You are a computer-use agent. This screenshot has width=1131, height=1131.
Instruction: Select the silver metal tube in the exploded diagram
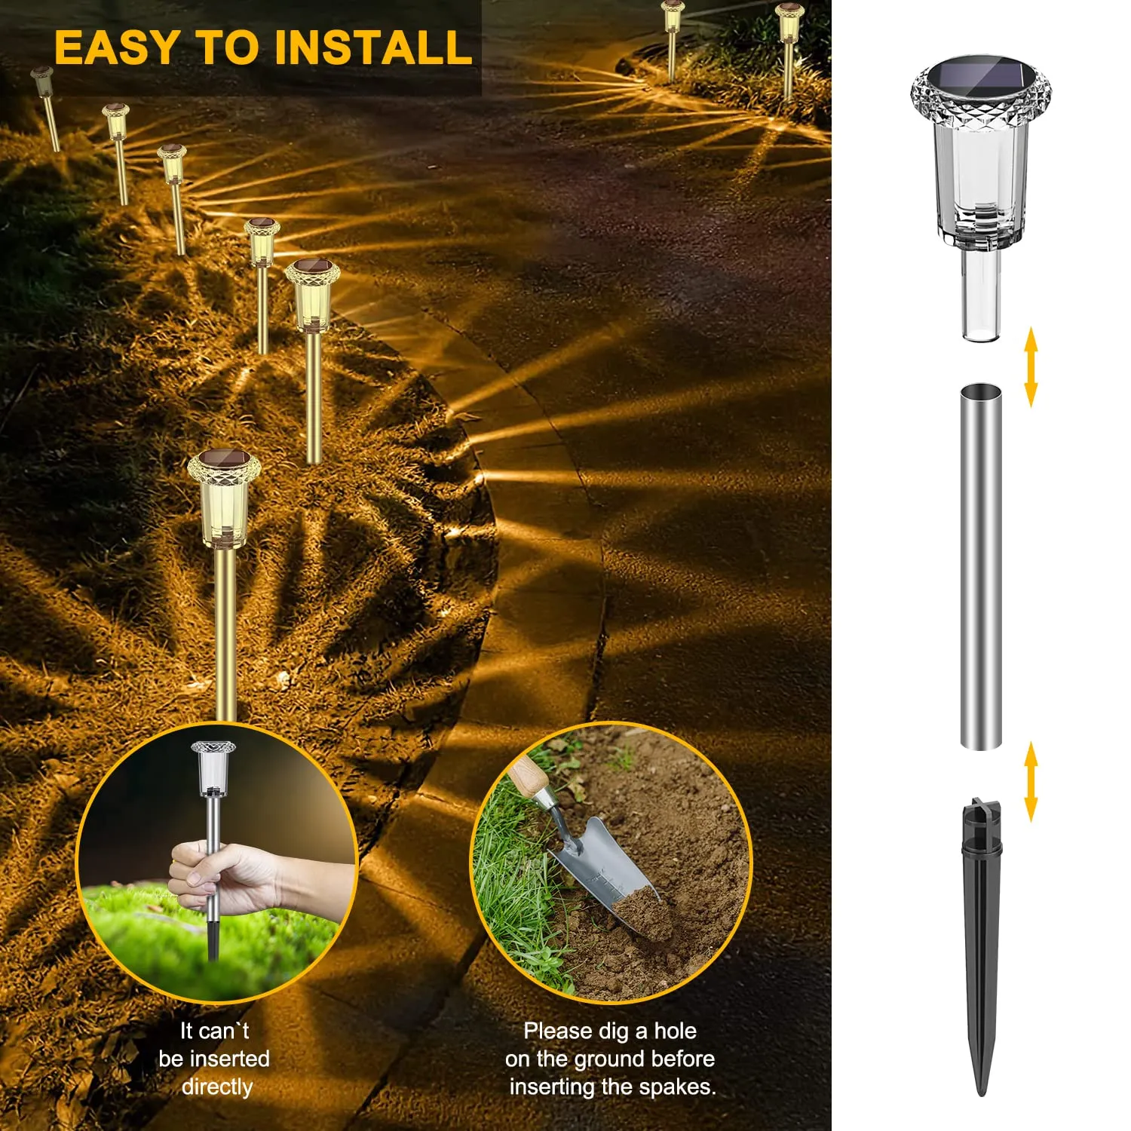tap(981, 566)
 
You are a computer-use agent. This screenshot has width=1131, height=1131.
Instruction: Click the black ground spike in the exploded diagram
tap(982, 946)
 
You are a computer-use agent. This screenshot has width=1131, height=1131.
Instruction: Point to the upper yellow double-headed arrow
tap(1031, 368)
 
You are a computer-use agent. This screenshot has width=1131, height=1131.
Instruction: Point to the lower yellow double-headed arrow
tap(1031, 781)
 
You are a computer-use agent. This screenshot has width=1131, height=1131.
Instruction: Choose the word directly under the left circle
tap(217, 1087)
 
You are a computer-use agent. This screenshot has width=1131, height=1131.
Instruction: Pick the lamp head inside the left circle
tap(213, 768)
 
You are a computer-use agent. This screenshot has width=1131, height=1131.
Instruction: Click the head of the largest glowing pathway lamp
tap(224, 498)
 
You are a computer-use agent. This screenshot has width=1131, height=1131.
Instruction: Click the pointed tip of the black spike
tap(981, 1094)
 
